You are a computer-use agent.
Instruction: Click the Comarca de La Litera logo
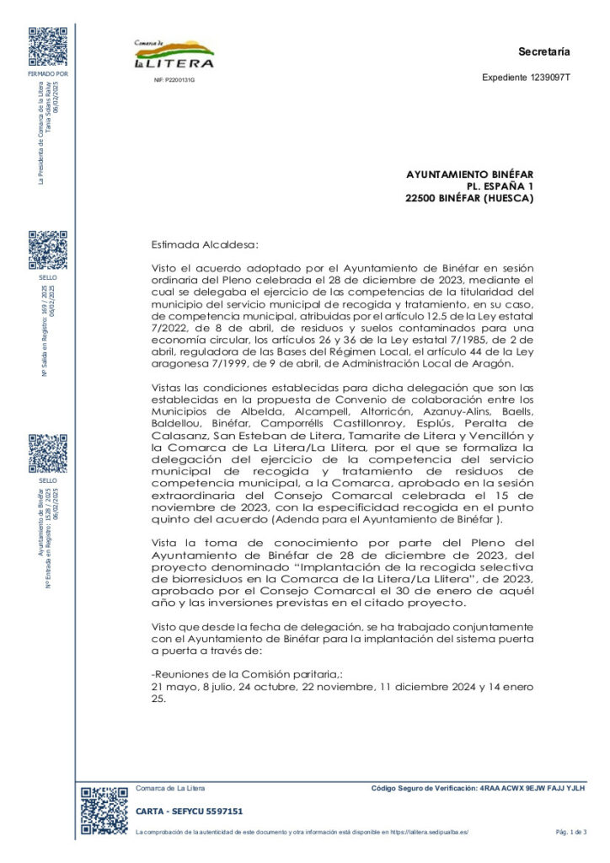pos(174,54)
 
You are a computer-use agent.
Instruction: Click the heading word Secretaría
pos(544,51)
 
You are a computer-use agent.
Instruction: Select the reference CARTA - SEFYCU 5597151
pos(190,811)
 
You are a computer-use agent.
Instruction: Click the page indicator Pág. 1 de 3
pos(570,832)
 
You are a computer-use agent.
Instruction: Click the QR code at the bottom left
pos(104,811)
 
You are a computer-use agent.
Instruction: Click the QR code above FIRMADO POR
pos(48,46)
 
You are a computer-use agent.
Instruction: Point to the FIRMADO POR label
pos(48,74)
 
